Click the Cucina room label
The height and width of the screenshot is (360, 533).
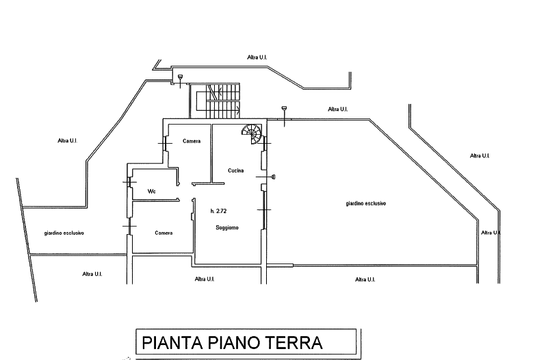235,170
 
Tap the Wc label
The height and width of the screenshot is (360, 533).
152,192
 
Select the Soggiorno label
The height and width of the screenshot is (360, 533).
227,227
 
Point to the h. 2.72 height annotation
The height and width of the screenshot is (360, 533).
218,211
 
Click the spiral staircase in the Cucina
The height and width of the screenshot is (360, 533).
252,133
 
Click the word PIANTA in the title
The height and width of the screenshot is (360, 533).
172,343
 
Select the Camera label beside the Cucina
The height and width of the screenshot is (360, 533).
192,141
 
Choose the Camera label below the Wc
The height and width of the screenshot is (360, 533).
164,233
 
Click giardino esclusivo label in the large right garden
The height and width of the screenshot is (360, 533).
366,203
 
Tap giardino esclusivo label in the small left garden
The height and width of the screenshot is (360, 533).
64,233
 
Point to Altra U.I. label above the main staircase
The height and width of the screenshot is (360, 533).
257,57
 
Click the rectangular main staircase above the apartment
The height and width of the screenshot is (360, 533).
215,101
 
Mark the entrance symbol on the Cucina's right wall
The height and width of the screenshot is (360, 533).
268,177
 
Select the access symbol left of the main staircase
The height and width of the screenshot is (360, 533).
180,81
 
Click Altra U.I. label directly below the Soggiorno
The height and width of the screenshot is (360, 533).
205,279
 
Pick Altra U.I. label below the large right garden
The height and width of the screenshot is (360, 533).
365,279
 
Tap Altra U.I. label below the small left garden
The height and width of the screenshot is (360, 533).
92,274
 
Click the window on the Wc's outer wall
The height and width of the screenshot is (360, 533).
129,182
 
